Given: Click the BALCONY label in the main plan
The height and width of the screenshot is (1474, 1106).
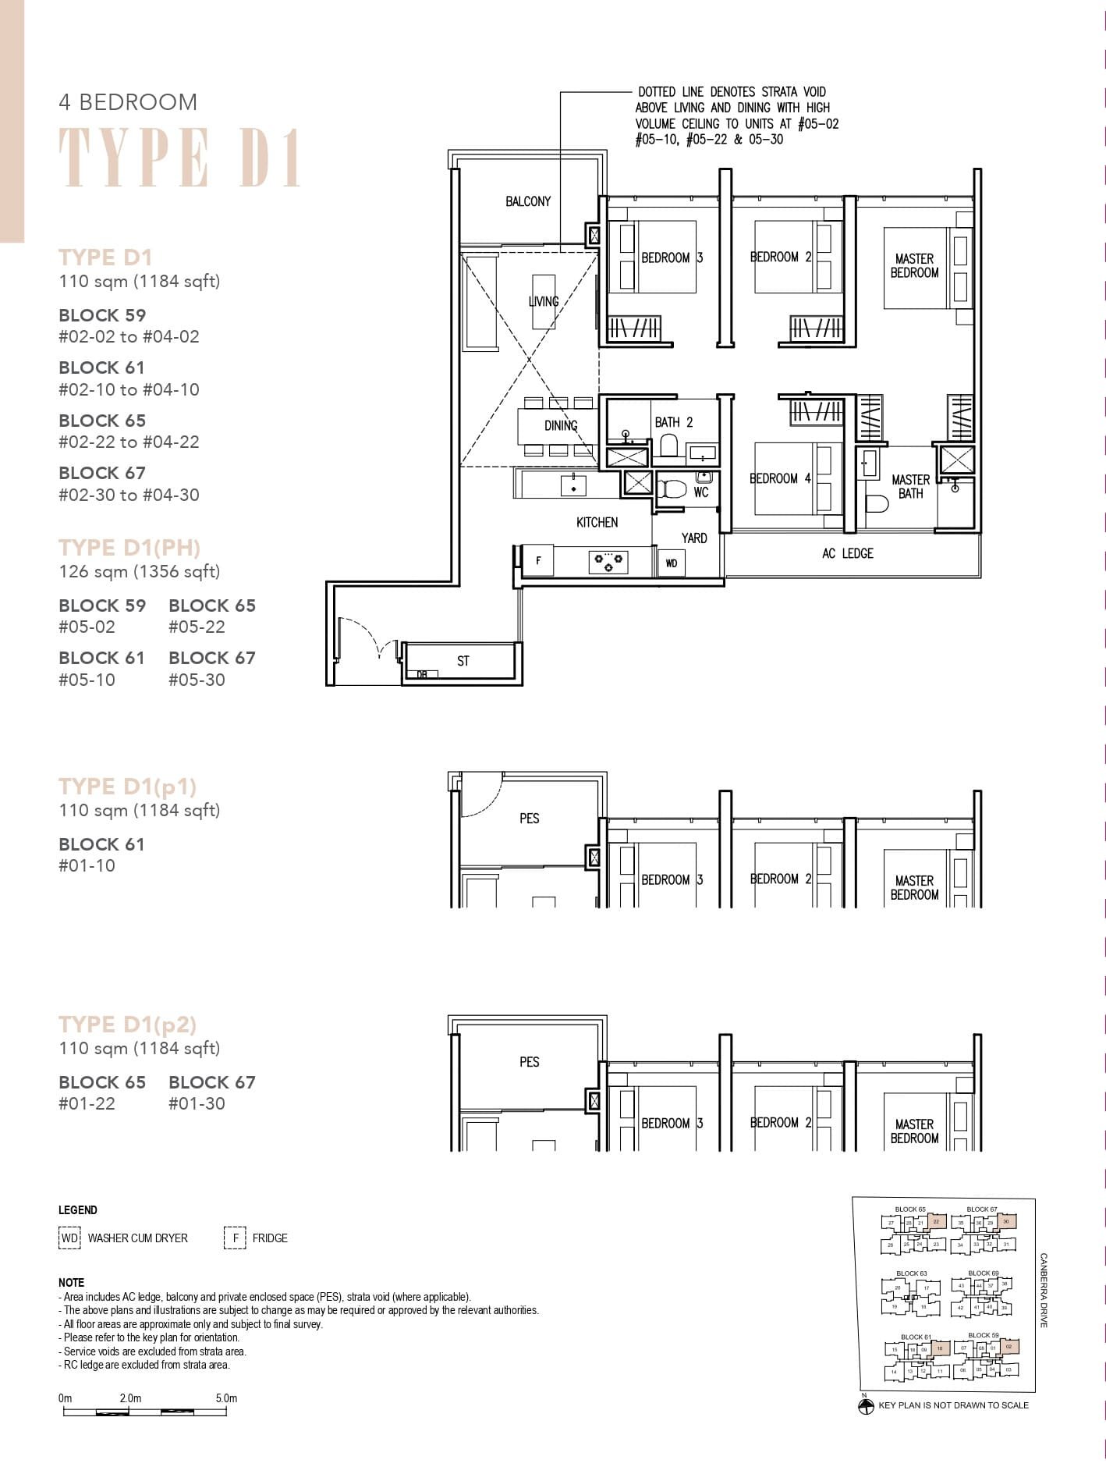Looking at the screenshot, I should coord(528,201).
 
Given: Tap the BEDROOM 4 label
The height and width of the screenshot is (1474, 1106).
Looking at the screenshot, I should coord(780,478).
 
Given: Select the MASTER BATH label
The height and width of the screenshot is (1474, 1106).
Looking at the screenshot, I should coord(910,486).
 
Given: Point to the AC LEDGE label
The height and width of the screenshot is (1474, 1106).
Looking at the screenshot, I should coord(847,553).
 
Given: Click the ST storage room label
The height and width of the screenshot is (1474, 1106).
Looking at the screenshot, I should coord(463,661).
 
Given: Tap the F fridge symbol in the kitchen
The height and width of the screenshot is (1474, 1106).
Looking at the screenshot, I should coord(537,561).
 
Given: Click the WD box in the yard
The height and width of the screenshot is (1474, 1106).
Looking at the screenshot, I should coord(672,563).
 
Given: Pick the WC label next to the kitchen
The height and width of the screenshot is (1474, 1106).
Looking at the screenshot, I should coord(700,492).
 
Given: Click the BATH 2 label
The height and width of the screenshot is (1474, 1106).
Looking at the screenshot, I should coord(673,422).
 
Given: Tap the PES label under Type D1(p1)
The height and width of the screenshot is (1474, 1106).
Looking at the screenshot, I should coord(529,819).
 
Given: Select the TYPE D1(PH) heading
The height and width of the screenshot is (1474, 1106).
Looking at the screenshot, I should coord(129,548).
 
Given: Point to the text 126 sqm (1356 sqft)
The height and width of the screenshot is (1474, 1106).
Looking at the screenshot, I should coord(140,571).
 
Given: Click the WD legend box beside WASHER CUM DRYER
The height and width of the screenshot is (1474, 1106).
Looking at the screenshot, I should coord(69,1238).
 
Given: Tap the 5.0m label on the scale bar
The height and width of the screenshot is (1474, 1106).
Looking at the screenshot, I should coord(226,1398).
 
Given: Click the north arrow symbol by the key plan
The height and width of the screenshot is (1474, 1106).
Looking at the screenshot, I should coord(865,1407).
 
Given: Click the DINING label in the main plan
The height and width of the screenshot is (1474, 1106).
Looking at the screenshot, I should coord(561,425).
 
